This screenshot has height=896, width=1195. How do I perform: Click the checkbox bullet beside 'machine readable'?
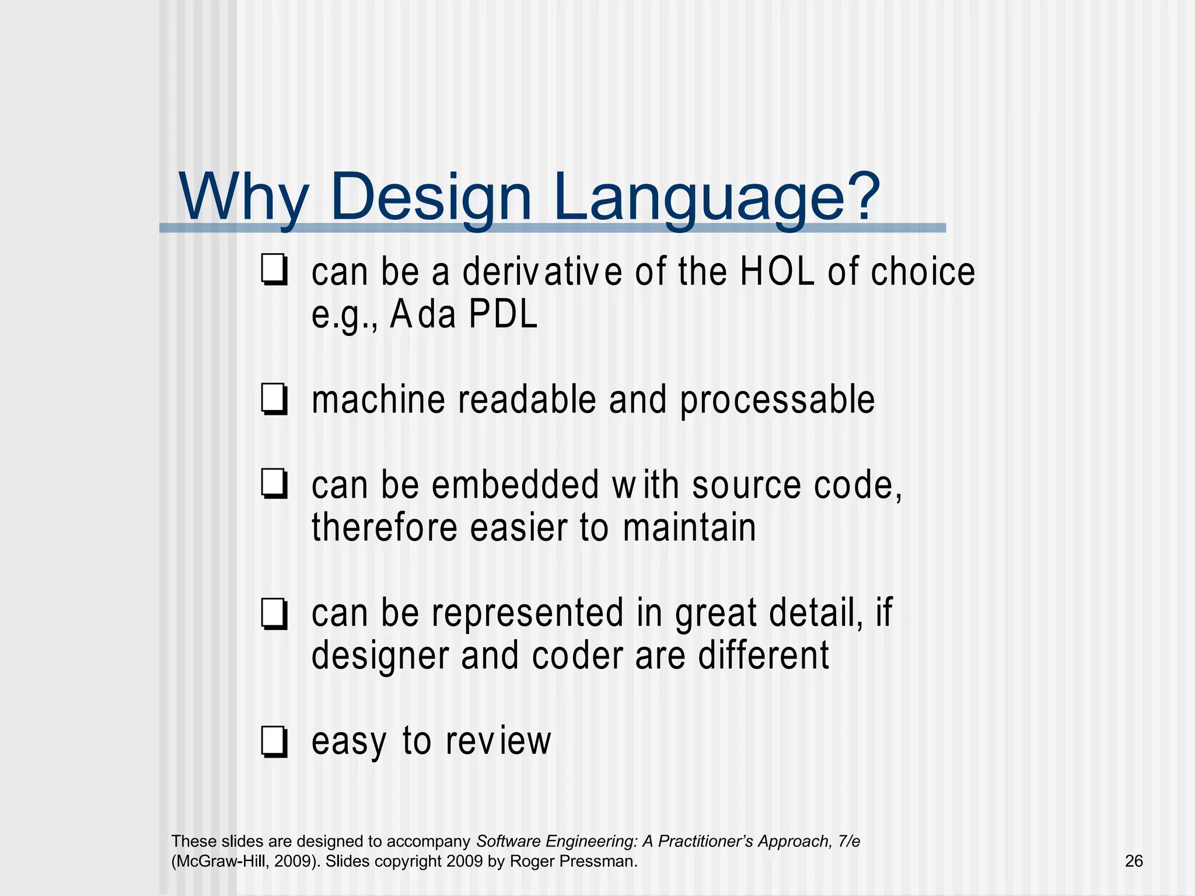click(x=274, y=400)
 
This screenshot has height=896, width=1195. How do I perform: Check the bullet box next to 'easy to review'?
click(x=274, y=742)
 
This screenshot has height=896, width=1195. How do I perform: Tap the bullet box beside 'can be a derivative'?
click(x=274, y=271)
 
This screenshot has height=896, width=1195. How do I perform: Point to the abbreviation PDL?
click(x=503, y=315)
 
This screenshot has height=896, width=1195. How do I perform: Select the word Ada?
click(x=423, y=315)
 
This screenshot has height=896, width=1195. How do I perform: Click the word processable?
click(x=777, y=401)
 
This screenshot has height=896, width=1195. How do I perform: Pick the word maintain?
click(x=689, y=528)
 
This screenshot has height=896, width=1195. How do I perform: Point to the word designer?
click(x=380, y=656)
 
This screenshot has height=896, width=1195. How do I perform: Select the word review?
click(x=498, y=741)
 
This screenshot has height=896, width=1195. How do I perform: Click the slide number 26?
click(x=1133, y=861)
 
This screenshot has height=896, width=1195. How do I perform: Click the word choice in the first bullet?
click(x=923, y=272)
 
